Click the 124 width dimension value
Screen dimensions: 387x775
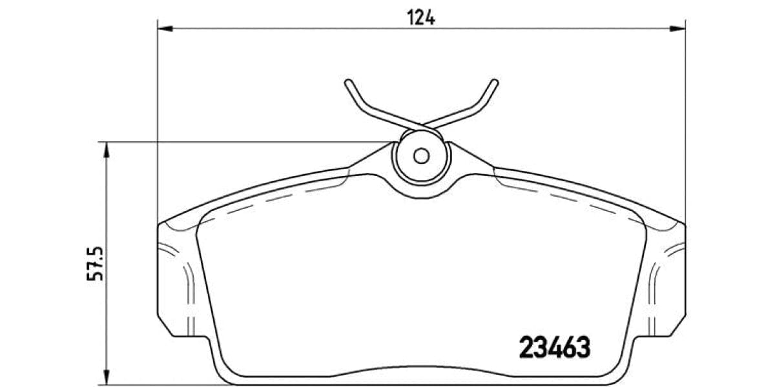[421, 17]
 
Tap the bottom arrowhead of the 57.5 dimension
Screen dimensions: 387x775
[107, 377]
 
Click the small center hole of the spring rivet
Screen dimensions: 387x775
[421, 155]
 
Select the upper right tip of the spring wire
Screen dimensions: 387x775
[495, 83]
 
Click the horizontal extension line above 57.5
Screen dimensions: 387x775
[245, 142]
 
